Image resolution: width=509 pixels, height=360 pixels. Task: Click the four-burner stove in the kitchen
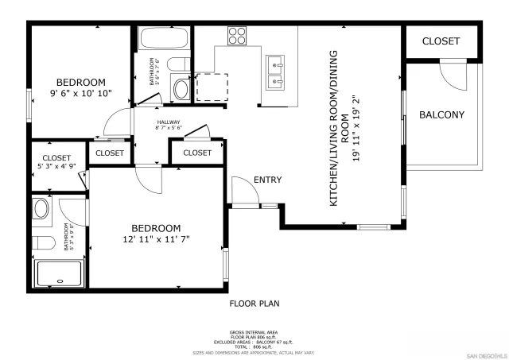(238, 35)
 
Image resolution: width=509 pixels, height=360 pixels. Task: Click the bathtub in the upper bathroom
(164, 39)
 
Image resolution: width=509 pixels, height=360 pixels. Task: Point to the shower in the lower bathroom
(58, 273)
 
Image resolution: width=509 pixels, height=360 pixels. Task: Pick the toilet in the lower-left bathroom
(43, 242)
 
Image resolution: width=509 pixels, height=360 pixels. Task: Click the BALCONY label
(441, 114)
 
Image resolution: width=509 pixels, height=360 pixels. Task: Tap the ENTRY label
(267, 180)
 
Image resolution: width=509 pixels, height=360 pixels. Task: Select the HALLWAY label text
(169, 122)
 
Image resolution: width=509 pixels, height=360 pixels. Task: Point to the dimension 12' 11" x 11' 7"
(156, 238)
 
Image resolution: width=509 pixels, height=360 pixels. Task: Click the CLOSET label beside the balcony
(441, 41)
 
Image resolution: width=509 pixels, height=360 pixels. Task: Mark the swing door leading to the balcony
(452, 77)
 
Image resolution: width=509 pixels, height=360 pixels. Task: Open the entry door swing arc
(242, 191)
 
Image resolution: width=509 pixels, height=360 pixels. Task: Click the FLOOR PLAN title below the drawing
(254, 303)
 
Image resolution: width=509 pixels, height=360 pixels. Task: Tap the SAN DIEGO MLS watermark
(486, 354)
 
